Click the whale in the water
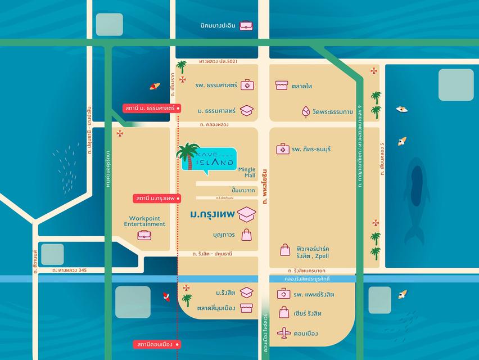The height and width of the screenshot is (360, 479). (417, 197)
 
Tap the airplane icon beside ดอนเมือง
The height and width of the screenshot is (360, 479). (285, 333)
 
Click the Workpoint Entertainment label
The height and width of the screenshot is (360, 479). (144, 220)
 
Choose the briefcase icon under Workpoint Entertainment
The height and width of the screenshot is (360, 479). (144, 235)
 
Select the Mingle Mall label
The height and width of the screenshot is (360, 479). (246, 172)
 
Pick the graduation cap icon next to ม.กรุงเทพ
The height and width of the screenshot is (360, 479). (246, 214)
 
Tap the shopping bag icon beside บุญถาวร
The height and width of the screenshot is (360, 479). (246, 235)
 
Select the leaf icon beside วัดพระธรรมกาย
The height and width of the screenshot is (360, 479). (306, 111)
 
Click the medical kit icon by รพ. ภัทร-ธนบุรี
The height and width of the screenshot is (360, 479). (282, 149)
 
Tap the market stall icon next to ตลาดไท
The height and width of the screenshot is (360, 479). (282, 85)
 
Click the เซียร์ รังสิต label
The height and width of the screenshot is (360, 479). (314, 313)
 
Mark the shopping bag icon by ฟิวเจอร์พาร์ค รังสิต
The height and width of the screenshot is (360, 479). (285, 250)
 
